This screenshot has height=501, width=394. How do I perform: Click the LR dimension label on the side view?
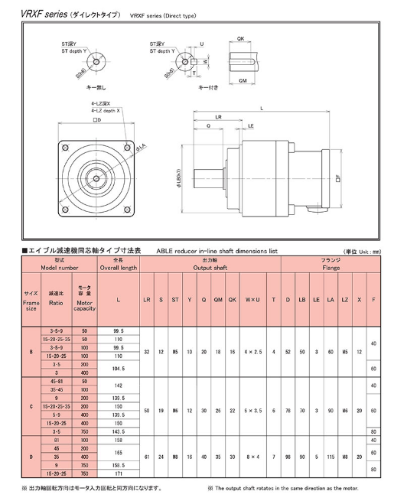tap(219, 118)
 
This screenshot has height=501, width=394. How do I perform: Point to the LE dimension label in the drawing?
tap(251, 125)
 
